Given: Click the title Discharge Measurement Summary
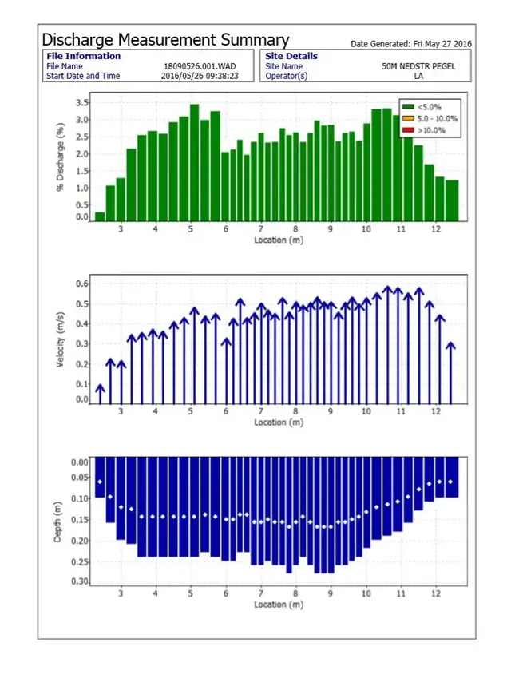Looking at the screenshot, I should point(165,39).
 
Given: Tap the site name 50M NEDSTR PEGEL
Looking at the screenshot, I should point(418,66).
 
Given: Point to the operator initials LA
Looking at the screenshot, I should point(418,76).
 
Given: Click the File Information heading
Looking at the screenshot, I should point(83,56).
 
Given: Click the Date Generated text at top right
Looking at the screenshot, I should point(410,43).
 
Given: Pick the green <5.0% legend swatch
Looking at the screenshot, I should point(408,107).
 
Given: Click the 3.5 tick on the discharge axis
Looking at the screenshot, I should point(81,103).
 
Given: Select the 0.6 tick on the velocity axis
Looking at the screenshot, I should point(81,284).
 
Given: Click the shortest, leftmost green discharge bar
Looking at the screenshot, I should point(100,216).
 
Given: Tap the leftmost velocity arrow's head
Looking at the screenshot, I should point(100,388).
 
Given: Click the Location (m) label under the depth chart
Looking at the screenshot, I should point(279,605).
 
